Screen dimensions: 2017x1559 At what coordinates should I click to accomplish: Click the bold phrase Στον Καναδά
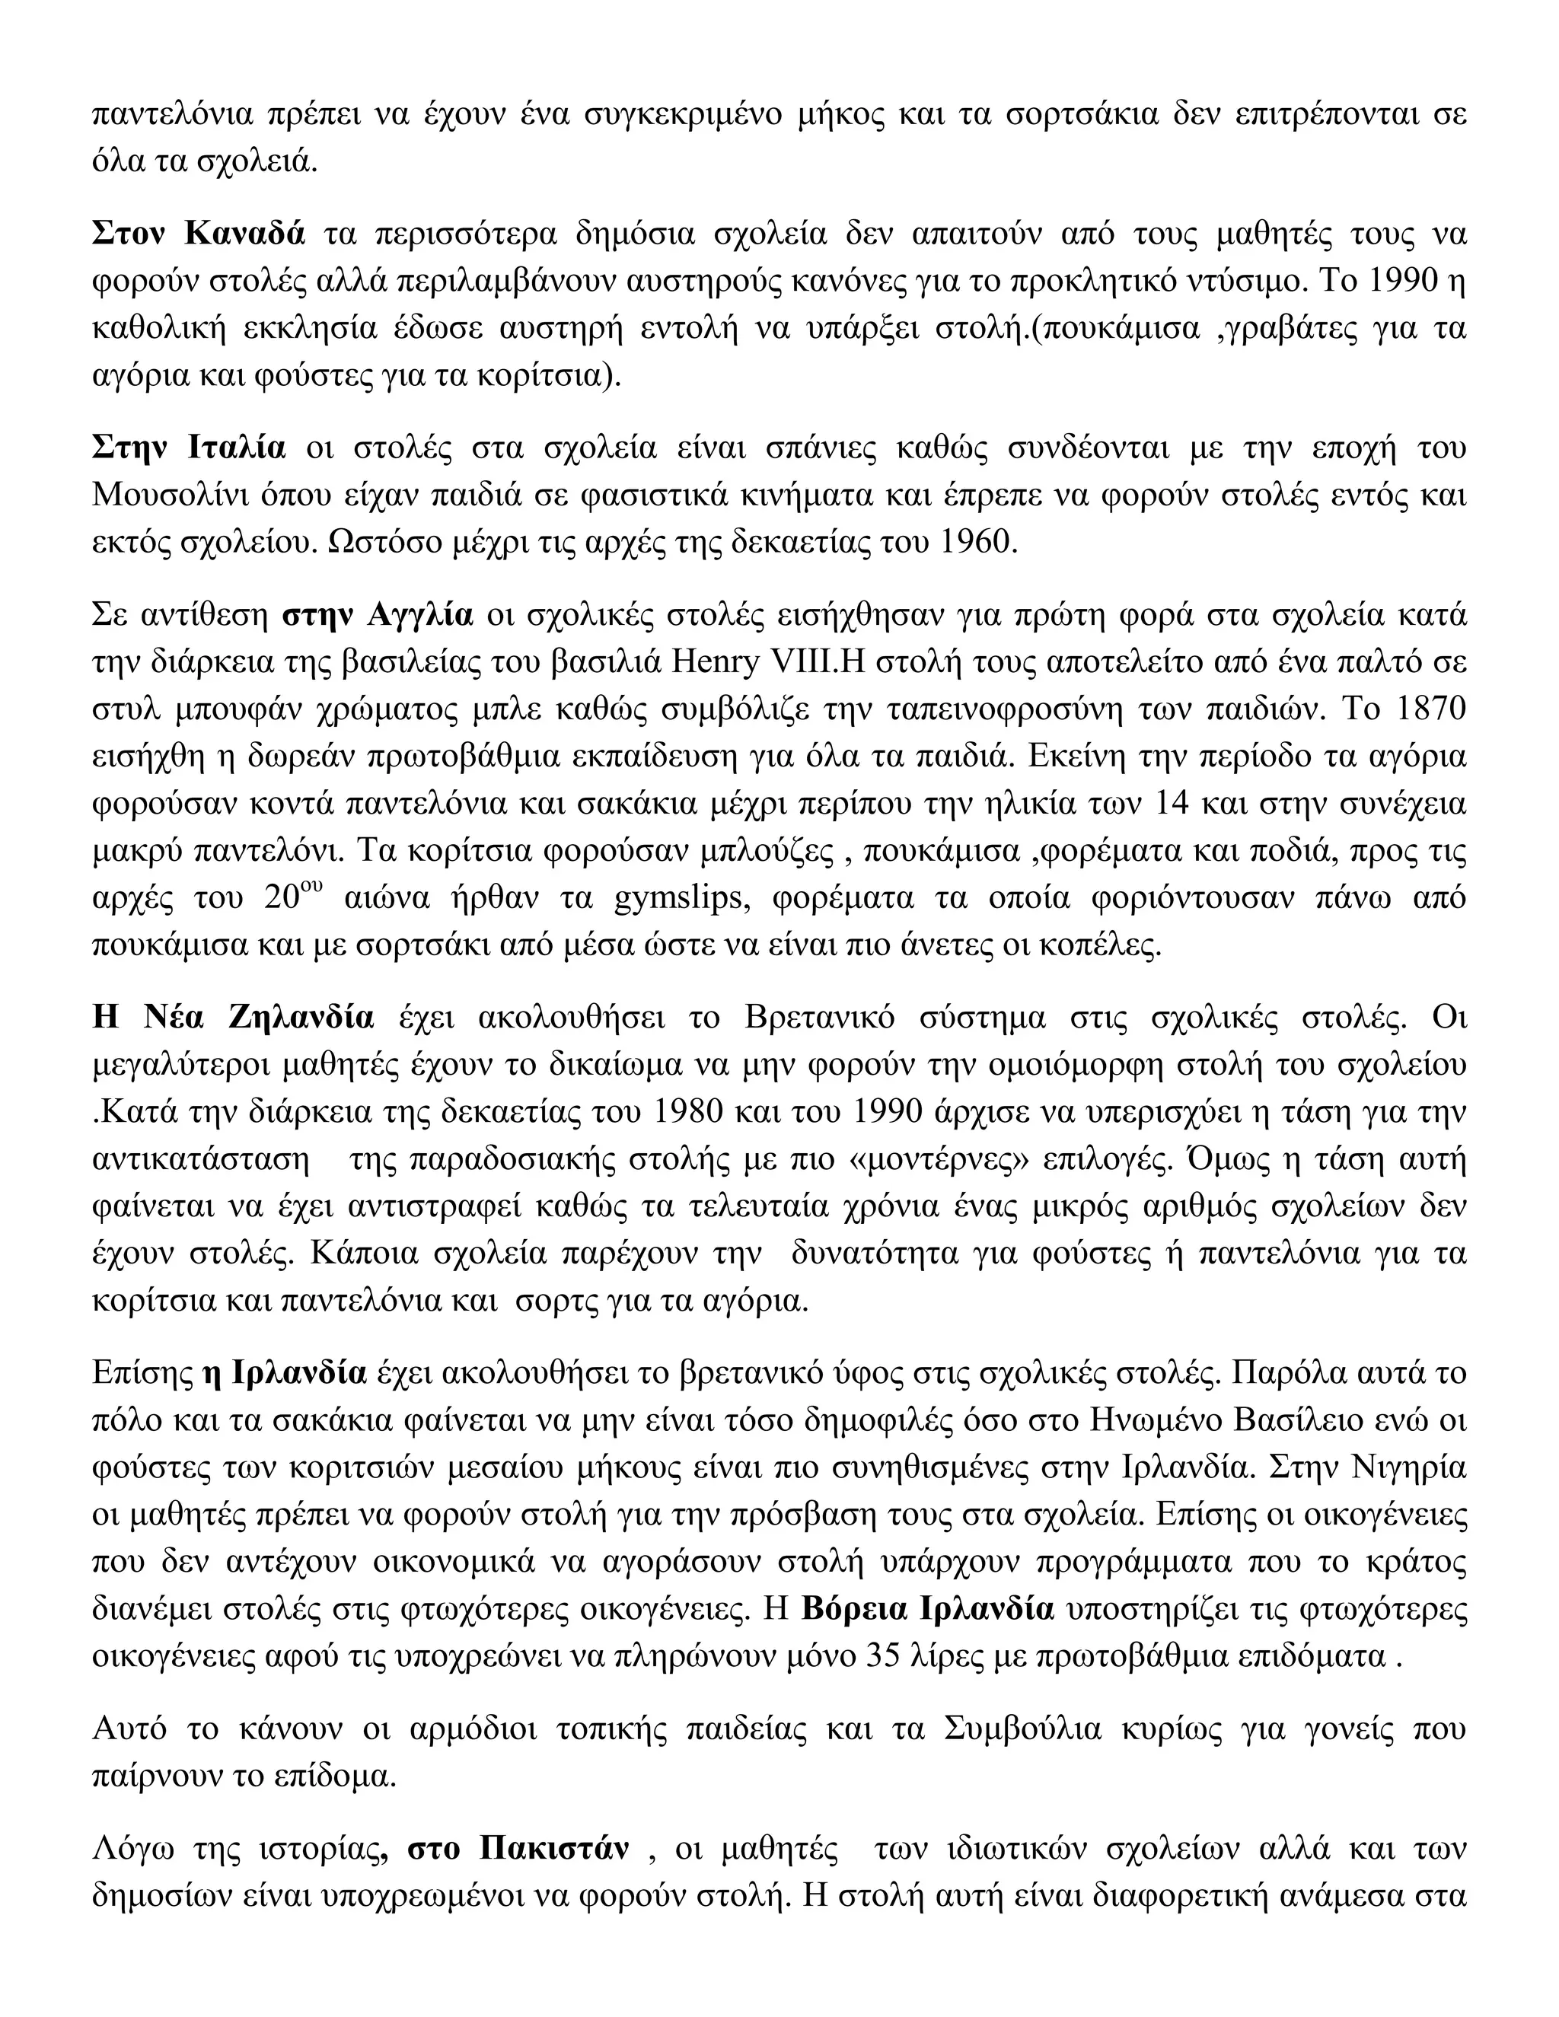point(198,234)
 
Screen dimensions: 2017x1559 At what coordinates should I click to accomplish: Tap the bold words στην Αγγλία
point(377,614)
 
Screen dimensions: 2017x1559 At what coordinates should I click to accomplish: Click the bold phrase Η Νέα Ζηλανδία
point(233,1018)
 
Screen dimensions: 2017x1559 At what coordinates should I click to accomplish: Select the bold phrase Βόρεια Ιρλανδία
point(927,1609)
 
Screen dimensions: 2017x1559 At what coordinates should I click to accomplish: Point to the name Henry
point(706,662)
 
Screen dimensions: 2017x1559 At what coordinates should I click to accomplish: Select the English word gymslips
point(679,897)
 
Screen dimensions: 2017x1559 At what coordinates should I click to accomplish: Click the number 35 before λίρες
point(888,1656)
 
